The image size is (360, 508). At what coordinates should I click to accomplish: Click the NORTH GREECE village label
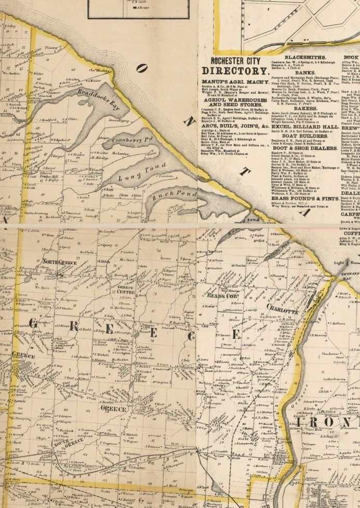[x=59, y=262]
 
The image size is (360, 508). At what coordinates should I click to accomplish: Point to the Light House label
[x=340, y=265]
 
